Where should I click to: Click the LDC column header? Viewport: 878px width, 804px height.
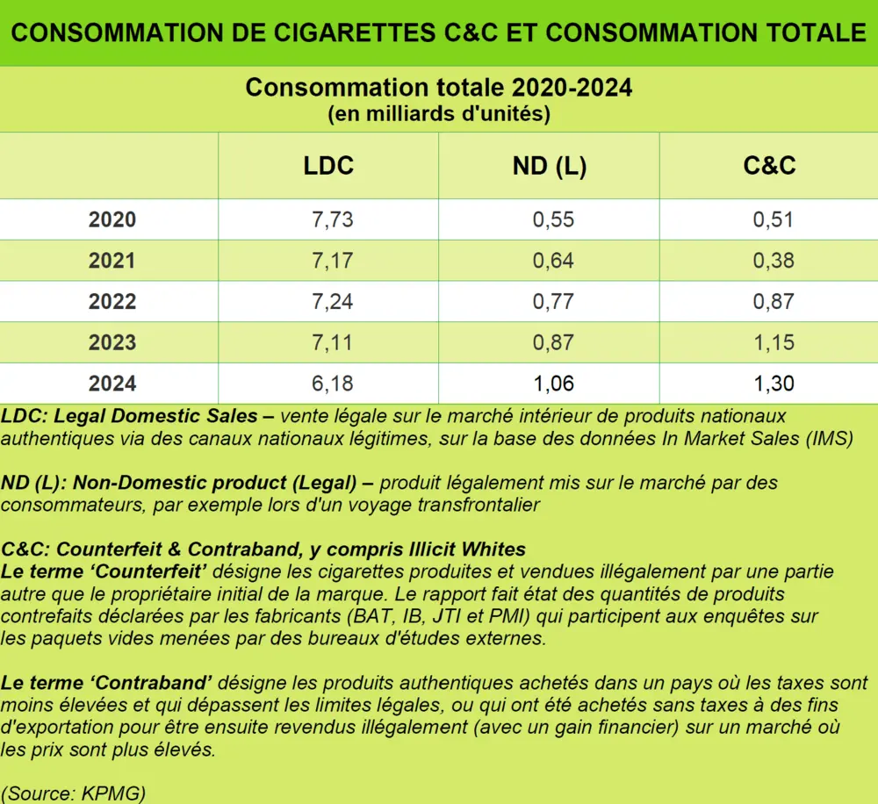pos(328,165)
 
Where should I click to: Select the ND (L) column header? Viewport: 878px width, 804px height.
pos(549,165)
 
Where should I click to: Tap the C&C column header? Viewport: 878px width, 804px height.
pos(769,165)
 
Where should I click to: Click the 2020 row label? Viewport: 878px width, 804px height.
pos(112,219)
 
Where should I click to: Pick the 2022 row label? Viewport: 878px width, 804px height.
pos(112,302)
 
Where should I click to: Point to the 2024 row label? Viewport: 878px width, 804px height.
pos(112,384)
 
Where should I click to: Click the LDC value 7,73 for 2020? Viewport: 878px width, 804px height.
pos(332,219)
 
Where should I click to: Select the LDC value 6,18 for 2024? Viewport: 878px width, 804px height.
pos(332,384)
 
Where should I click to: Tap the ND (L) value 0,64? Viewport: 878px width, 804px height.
pos(553,261)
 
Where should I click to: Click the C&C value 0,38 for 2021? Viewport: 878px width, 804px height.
pos(773,261)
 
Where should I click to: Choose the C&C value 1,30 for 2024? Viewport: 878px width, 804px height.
pos(773,384)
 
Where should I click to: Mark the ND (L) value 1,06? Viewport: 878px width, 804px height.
pos(553,384)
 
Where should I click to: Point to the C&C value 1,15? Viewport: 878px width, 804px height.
pos(773,342)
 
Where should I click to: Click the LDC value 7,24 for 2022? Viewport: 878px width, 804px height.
pos(332,302)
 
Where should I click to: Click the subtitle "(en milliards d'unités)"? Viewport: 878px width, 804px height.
pos(438,114)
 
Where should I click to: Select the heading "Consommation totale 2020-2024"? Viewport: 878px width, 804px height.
pos(438,89)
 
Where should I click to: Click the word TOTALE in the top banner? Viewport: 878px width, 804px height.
pos(810,33)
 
